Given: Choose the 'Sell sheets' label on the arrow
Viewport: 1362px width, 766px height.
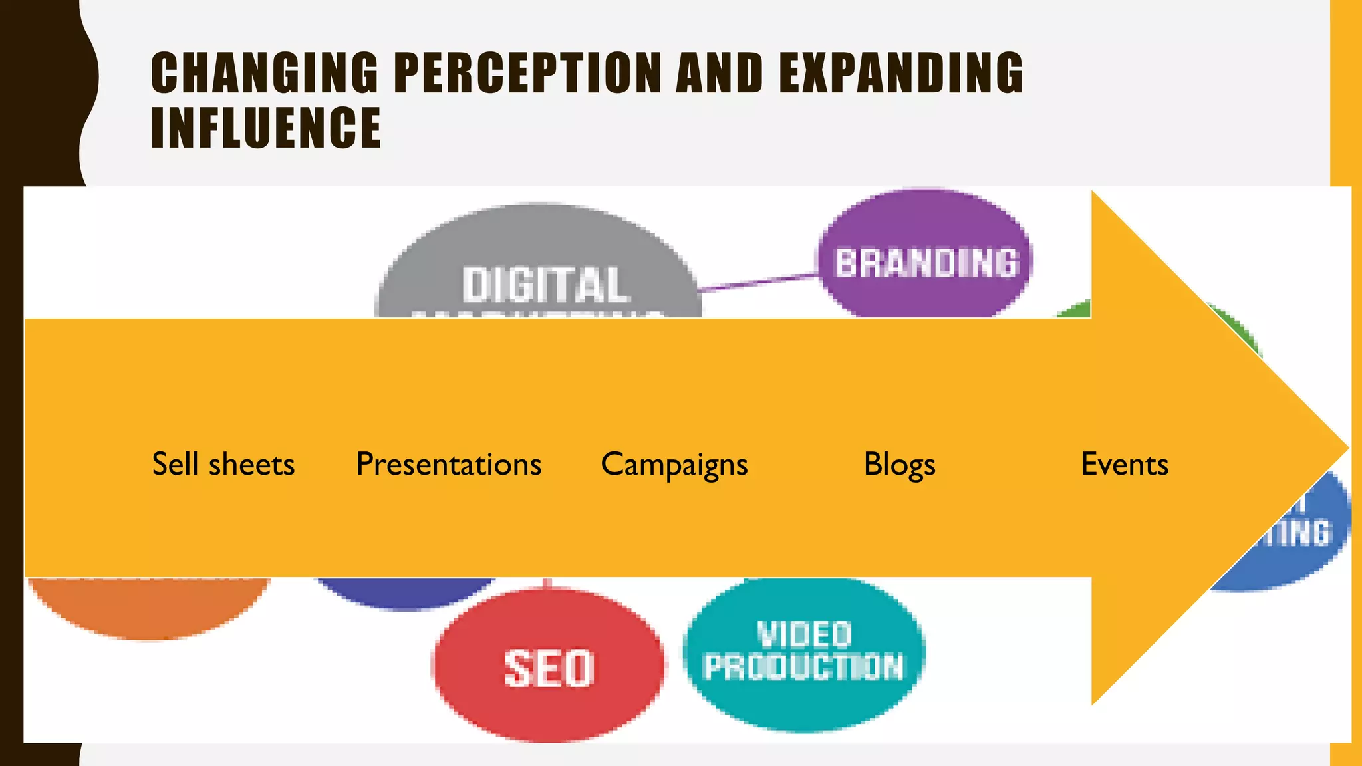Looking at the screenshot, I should [x=223, y=464].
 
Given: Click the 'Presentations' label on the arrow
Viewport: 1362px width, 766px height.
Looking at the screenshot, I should [x=449, y=464].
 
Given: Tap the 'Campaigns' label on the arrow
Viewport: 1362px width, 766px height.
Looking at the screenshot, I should [x=674, y=465].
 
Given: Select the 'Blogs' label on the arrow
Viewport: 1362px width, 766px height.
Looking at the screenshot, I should [x=899, y=464].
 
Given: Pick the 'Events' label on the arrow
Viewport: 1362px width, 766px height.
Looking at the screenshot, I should [x=1125, y=464].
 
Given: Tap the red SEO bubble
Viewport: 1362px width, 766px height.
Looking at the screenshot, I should [x=549, y=667].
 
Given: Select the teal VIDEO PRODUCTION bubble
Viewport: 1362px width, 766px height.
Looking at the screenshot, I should [x=804, y=655].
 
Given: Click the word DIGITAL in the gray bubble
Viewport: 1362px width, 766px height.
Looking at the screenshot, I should [x=545, y=285].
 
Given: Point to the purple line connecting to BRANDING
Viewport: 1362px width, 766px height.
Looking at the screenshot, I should [x=758, y=282].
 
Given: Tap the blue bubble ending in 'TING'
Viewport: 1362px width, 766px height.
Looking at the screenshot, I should [x=1297, y=539].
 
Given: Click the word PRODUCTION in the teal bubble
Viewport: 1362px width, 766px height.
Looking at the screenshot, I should [x=804, y=667].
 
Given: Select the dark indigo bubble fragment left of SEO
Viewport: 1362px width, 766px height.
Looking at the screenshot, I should [x=406, y=592].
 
